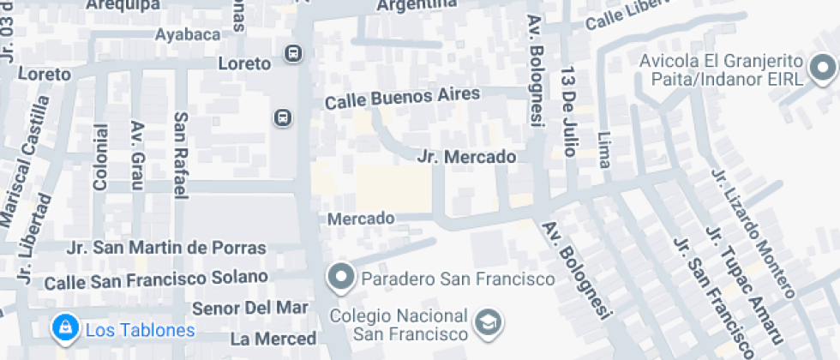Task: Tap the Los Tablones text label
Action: point(140,330)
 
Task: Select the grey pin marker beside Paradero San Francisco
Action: point(341,277)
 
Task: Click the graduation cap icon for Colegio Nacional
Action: point(489,323)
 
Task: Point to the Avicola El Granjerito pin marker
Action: point(823,67)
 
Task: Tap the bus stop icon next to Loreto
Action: point(294,55)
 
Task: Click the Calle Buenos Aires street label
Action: point(401,98)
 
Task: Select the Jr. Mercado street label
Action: point(467,157)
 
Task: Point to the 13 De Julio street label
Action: point(567,111)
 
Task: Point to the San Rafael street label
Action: point(181,155)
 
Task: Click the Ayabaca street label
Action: point(185,35)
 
